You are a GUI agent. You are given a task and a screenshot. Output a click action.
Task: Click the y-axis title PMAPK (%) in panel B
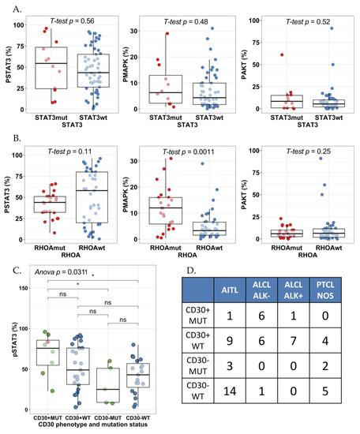pos(130,200)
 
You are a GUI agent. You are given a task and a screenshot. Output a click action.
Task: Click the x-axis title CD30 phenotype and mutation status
pos(80,428)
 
